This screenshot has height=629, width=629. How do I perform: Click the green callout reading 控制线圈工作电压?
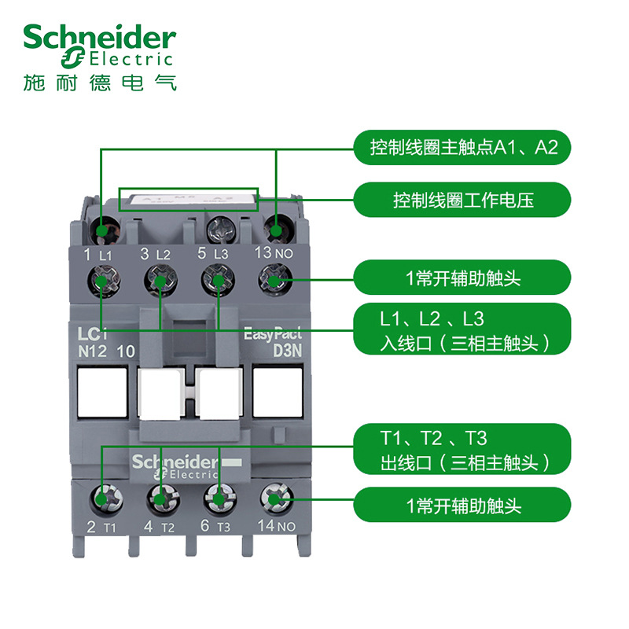pyautogui.click(x=462, y=200)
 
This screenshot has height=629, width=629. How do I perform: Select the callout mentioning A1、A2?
pyautogui.click(x=462, y=148)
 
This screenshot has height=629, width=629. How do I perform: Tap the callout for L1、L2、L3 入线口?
pyautogui.click(x=462, y=331)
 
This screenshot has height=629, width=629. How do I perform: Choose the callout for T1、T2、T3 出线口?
pyautogui.click(x=462, y=450)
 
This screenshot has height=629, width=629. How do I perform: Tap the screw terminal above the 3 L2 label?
pyautogui.click(x=160, y=279)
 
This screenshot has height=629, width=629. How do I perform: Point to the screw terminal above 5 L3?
pyautogui.click(x=217, y=279)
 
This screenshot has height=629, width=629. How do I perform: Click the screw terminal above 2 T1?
pyautogui.click(x=102, y=498)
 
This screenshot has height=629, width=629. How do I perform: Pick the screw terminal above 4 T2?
pyautogui.click(x=160, y=498)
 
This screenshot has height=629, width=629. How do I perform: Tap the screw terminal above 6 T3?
pyautogui.click(x=218, y=498)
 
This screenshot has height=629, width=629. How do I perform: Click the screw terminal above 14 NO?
pyautogui.click(x=274, y=498)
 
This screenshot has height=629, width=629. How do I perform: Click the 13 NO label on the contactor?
pyautogui.click(x=274, y=253)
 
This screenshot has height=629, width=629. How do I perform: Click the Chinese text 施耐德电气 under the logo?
pyautogui.click(x=99, y=82)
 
